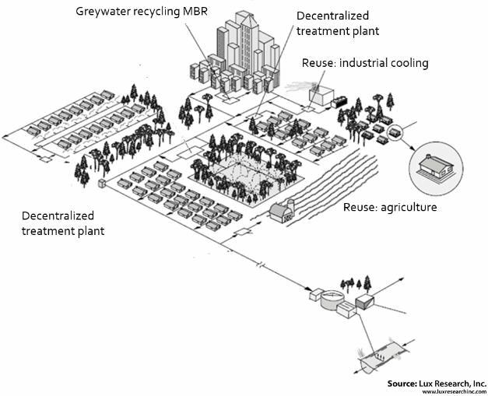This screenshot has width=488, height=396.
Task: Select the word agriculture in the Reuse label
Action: (408, 208)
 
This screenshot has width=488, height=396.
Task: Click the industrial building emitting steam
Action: (320, 94)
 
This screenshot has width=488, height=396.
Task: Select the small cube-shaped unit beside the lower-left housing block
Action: (101, 184)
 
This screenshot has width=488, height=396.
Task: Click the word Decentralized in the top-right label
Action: (333, 16)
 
